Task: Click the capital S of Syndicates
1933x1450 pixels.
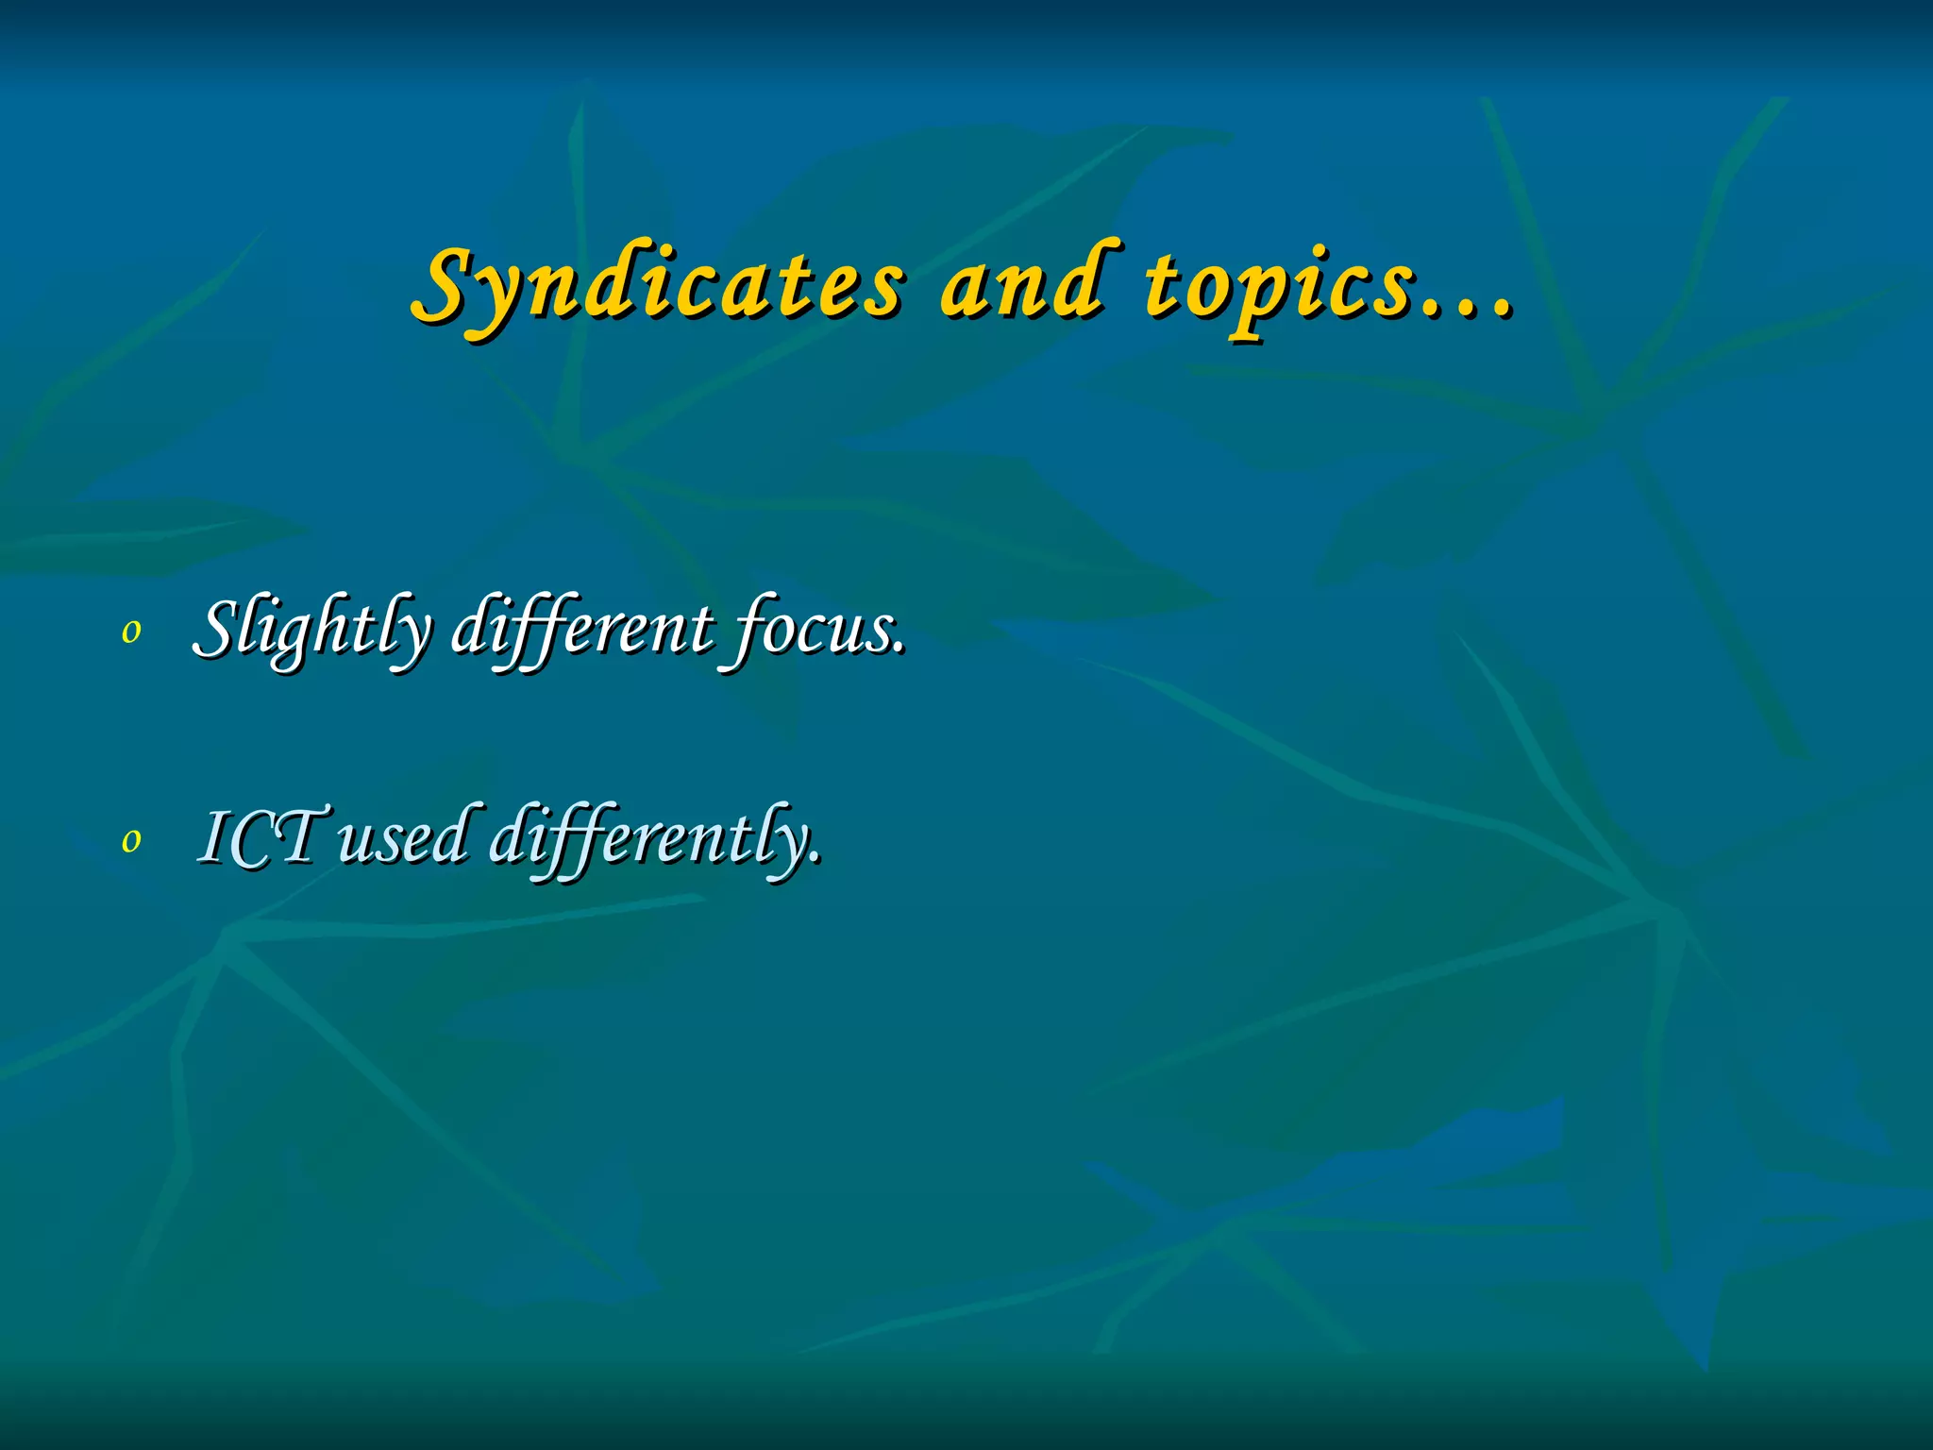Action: pos(444,283)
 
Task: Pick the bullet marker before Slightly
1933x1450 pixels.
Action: pos(131,632)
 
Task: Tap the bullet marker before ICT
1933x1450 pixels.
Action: pos(131,839)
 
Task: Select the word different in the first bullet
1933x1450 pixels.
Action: pos(582,628)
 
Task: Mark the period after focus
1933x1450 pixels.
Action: pos(899,649)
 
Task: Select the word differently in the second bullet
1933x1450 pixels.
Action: pos(651,836)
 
